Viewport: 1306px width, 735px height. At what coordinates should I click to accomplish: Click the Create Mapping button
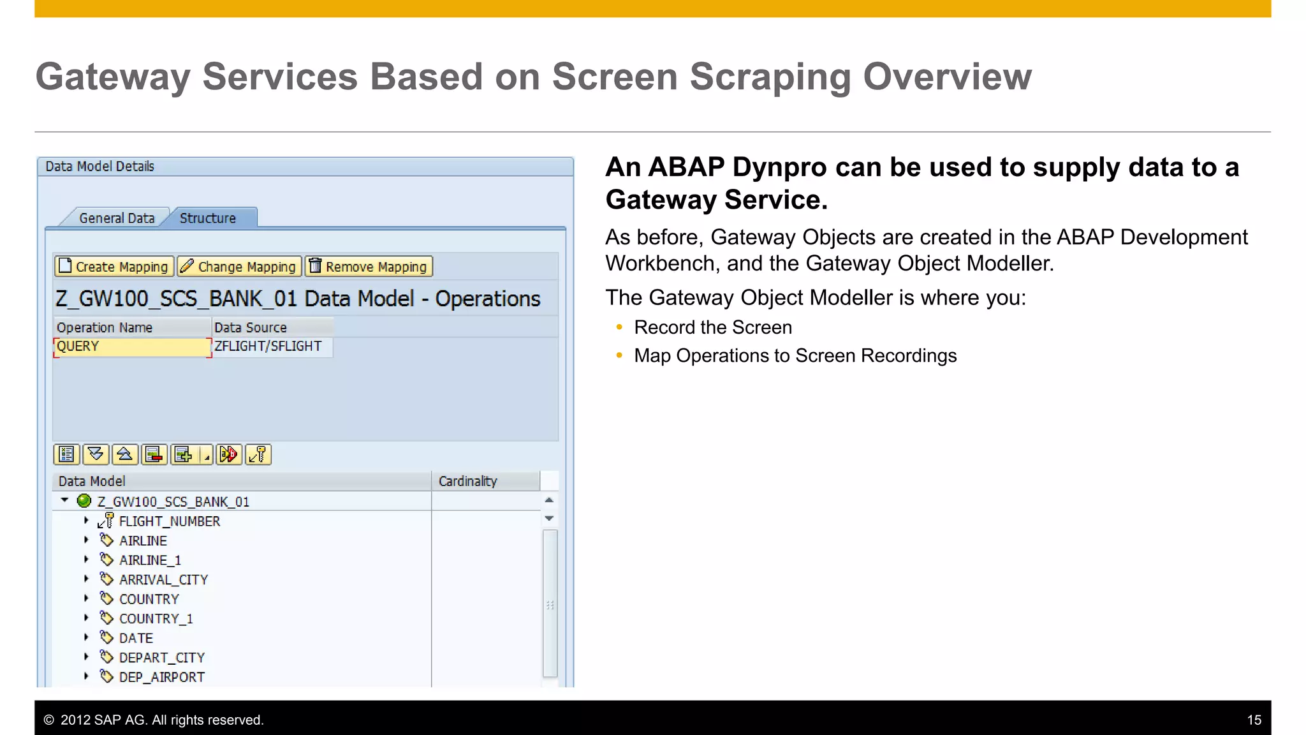tap(114, 267)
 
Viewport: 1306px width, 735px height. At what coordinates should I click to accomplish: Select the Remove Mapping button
tap(369, 267)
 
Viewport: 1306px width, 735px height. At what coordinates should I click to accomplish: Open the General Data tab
tap(117, 218)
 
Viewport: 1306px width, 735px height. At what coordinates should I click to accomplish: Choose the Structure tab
tap(208, 218)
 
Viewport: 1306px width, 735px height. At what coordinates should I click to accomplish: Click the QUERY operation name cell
tap(132, 346)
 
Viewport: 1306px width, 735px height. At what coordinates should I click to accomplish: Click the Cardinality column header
tap(467, 481)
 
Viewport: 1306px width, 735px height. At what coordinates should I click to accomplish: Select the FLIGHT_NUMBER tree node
tap(170, 521)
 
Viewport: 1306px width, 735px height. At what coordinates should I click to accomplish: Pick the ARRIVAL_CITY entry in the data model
tap(163, 580)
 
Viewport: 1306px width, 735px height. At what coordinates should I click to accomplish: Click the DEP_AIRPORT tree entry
tap(162, 677)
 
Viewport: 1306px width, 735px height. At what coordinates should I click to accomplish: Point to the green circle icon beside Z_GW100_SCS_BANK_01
tap(84, 501)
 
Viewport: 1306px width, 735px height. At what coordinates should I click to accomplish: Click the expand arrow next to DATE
tap(86, 637)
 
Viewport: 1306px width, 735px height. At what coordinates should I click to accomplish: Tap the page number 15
tap(1254, 720)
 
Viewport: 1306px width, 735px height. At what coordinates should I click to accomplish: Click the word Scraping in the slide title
tap(770, 77)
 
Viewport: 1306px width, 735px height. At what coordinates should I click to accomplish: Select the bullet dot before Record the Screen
tap(619, 327)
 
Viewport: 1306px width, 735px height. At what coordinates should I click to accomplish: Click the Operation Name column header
tap(105, 327)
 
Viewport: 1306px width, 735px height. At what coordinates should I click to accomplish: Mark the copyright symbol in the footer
tap(48, 720)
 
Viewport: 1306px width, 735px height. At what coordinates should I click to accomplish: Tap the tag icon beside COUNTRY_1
tap(106, 618)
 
